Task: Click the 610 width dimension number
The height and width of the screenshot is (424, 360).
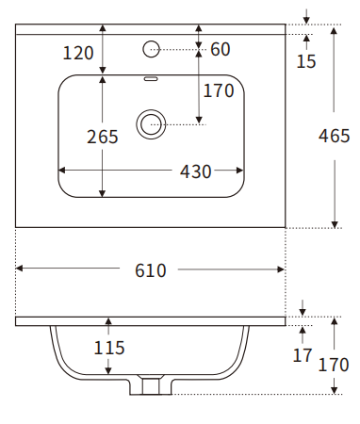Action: [151, 270]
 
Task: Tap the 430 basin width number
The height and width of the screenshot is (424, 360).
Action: [196, 171]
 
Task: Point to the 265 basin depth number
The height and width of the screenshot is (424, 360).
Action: [103, 137]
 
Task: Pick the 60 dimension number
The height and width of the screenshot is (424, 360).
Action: [221, 49]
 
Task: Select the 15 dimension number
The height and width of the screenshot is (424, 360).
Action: [306, 62]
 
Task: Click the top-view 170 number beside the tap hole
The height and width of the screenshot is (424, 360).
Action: [218, 91]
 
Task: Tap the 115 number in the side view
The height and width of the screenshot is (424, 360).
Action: [109, 348]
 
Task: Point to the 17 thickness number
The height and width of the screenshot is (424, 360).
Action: [302, 355]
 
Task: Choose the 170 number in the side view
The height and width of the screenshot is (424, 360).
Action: [335, 365]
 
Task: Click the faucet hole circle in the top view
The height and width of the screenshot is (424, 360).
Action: [151, 47]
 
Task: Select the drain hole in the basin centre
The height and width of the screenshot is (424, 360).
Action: [150, 122]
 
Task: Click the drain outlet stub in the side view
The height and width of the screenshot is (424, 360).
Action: [151, 384]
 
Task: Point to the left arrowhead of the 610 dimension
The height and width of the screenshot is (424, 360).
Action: [19, 270]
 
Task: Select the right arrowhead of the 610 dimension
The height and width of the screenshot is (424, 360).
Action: [282, 270]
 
